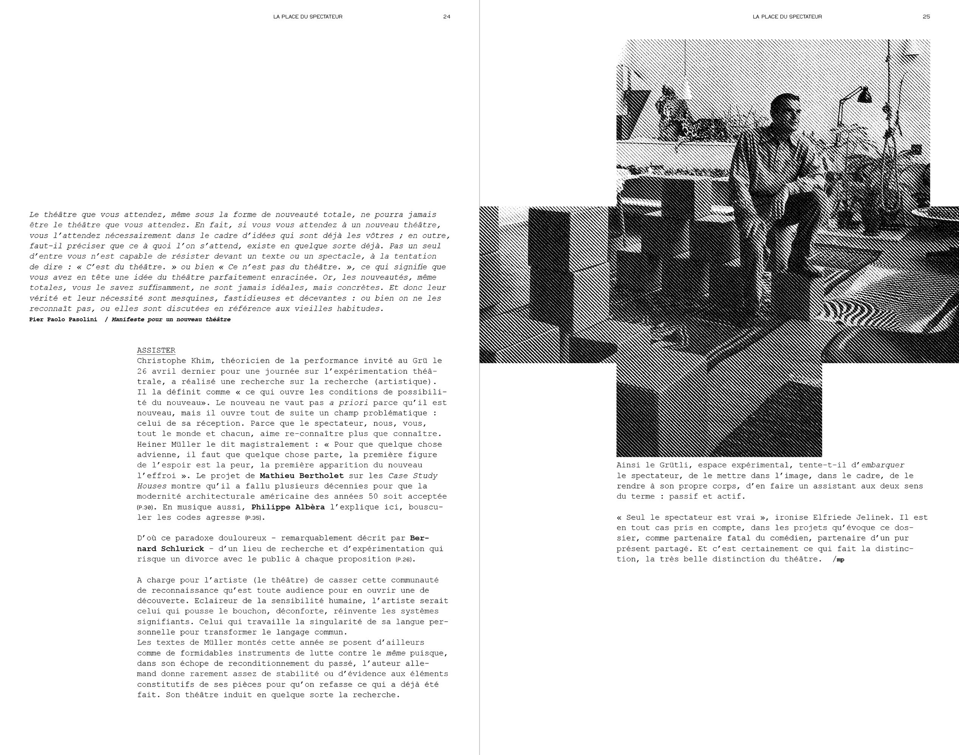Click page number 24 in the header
coord(446,17)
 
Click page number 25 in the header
coord(926,17)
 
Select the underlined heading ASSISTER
coord(156,350)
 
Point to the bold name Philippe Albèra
coord(288,507)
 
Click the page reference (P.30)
coord(145,508)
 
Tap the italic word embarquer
coord(883,465)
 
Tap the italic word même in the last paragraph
coord(396,653)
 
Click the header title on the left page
coord(308,17)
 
